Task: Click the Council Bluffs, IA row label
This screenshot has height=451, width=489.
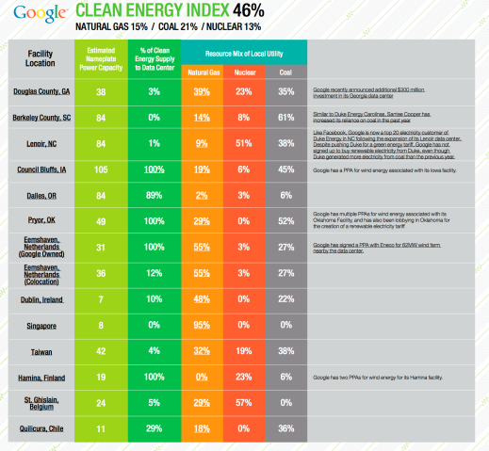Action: pos(39,170)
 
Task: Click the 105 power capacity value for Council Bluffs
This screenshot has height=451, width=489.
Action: pos(101,170)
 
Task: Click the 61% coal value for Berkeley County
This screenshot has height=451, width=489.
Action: pos(284,118)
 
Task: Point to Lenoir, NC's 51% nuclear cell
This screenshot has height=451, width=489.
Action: pos(242,144)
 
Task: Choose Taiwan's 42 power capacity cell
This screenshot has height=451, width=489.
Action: pos(101,350)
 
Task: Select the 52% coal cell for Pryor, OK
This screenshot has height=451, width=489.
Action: pos(284,221)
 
